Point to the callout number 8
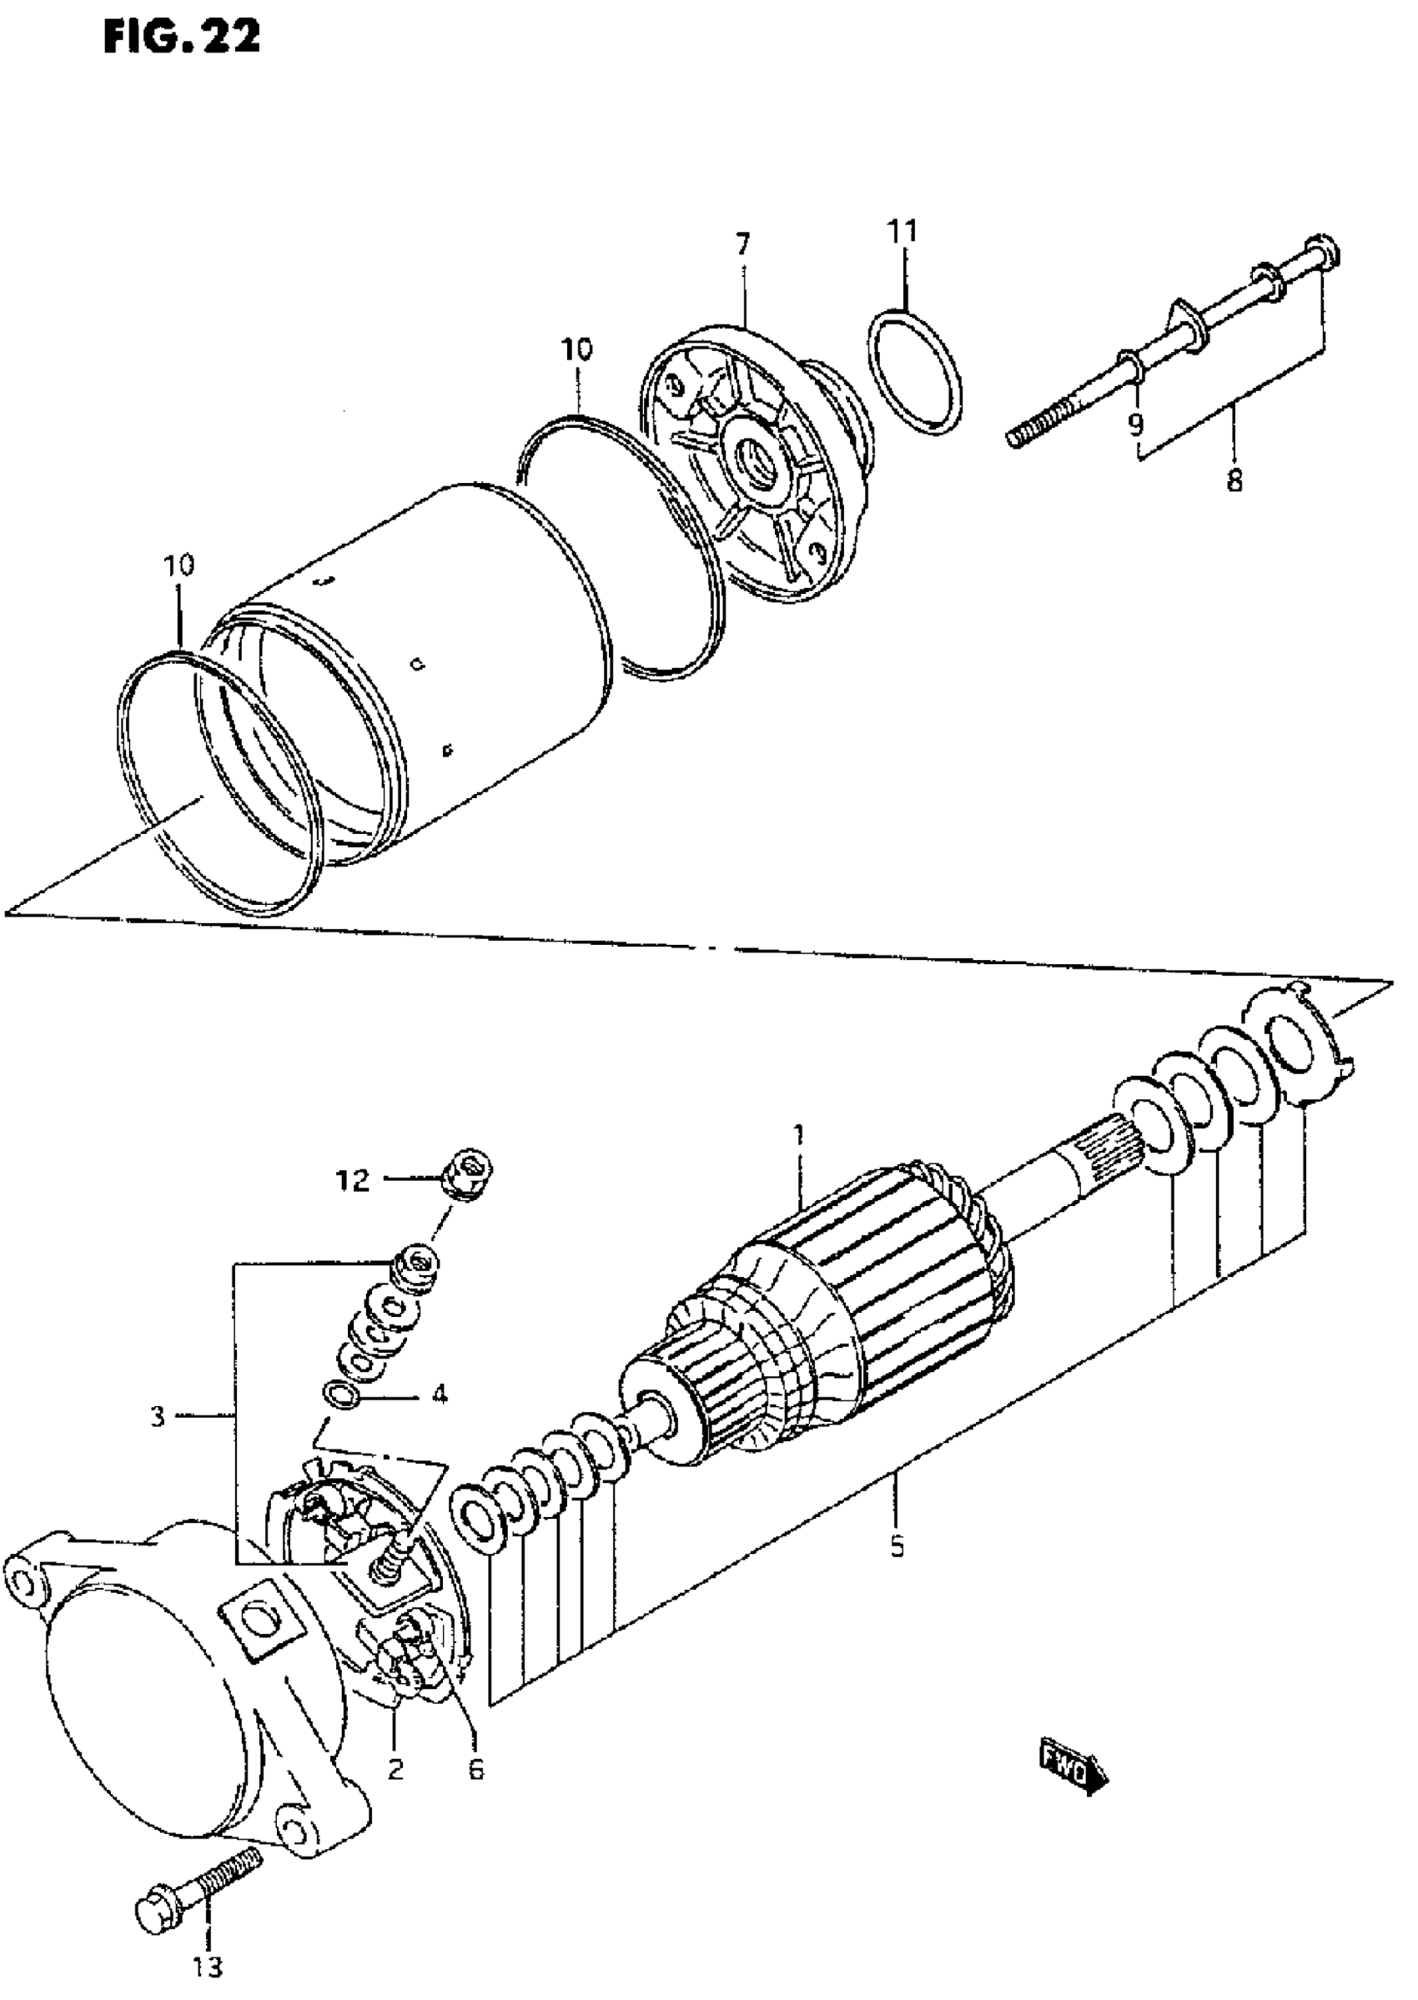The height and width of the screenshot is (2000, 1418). coord(1234,481)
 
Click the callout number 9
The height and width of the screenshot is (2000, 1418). coord(1135,425)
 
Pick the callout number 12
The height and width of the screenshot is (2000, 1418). coord(354,1181)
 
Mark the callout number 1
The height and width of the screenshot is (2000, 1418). coord(797,1135)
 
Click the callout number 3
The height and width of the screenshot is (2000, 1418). coord(157,1417)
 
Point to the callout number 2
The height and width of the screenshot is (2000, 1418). coord(395,1769)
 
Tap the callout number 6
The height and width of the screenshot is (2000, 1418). coord(476,1769)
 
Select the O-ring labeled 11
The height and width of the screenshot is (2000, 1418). coord(916,373)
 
